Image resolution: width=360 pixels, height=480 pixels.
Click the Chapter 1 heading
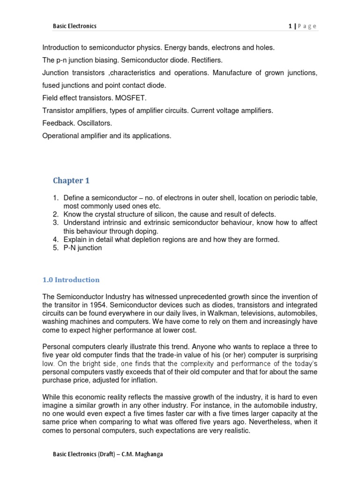70,180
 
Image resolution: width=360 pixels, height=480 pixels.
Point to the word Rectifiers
206,60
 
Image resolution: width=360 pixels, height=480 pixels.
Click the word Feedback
59,123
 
